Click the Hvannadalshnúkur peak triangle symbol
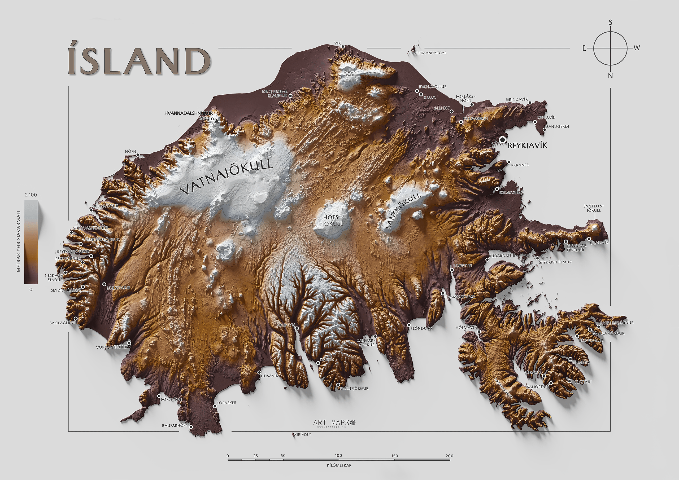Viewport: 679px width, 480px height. (217, 120)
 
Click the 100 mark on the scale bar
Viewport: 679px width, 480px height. (338, 455)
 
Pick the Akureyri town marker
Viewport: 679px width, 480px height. (297, 328)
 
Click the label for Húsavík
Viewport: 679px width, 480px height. (269, 376)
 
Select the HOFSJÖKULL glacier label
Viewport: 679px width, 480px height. (333, 221)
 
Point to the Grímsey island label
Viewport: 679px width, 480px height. (303, 434)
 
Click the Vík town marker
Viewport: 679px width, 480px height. (343, 47)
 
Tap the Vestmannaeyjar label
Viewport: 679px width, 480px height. (430, 53)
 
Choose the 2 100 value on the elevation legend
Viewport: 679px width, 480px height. (31, 195)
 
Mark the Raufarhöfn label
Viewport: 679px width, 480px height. (175, 426)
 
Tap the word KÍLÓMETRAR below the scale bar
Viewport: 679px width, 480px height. (339, 465)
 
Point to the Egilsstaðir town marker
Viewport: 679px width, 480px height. (104, 284)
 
